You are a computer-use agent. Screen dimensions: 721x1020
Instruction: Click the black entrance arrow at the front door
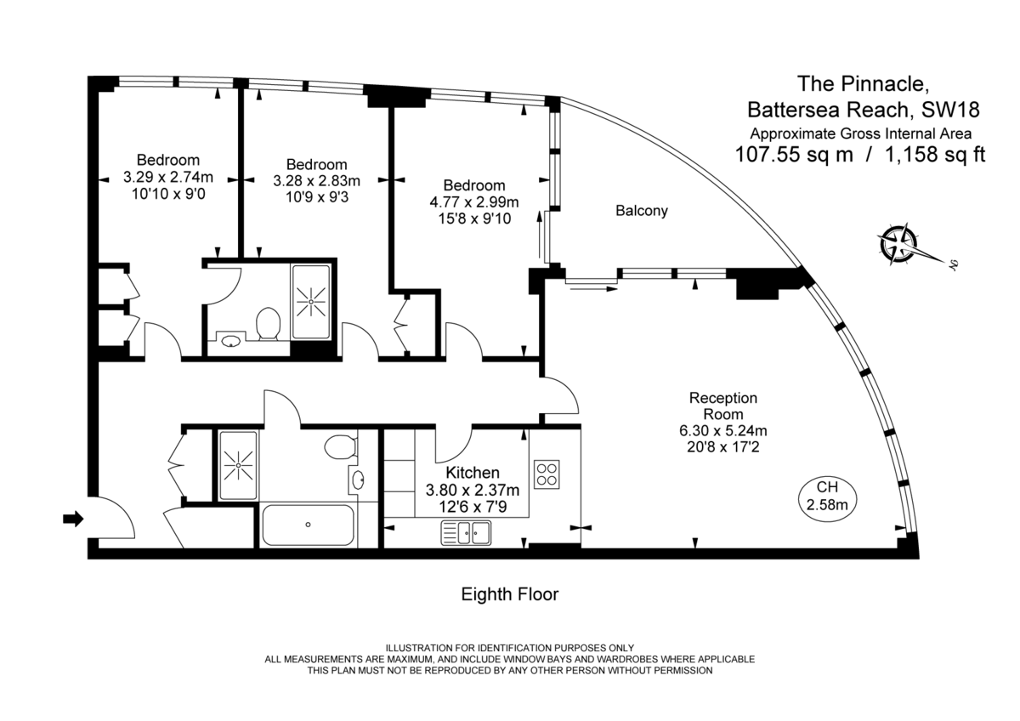[74, 519]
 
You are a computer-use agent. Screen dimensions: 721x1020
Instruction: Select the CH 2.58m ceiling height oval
[827, 495]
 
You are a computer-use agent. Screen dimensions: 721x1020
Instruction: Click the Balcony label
[642, 211]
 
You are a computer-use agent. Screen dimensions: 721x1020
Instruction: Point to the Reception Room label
[722, 406]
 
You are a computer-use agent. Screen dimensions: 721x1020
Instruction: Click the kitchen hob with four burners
[546, 474]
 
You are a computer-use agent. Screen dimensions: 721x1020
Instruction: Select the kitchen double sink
[466, 533]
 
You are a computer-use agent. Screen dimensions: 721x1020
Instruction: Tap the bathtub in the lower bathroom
[308, 525]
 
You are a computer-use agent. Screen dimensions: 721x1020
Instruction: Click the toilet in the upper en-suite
[269, 324]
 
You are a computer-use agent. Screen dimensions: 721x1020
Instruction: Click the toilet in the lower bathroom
[343, 446]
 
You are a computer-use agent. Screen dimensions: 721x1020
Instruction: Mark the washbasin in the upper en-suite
[229, 342]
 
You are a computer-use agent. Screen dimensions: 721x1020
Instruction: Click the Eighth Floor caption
[510, 594]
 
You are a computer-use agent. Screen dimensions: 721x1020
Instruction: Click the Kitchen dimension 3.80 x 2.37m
[472, 490]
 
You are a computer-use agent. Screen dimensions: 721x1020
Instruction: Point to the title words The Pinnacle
[855, 83]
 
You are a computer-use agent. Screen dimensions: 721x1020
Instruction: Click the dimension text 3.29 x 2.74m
[167, 177]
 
